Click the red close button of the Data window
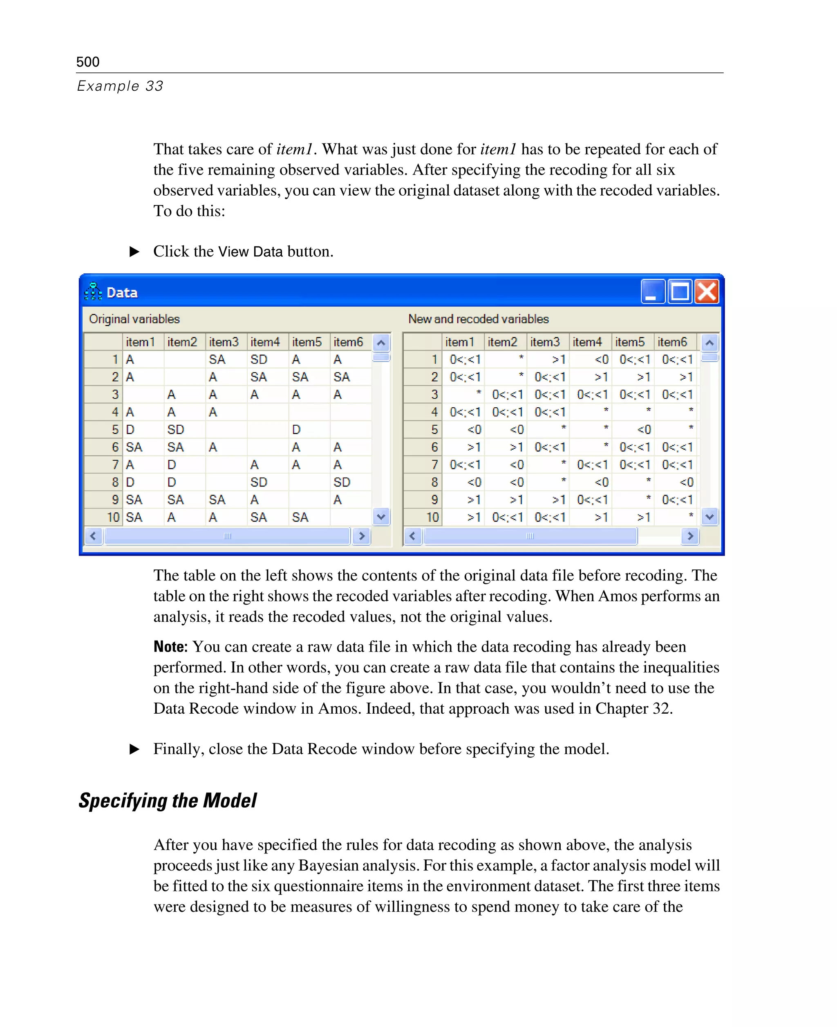click(x=707, y=292)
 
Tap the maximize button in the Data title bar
click(x=680, y=292)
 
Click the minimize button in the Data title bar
click(x=653, y=292)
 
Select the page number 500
click(x=88, y=62)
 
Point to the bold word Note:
click(x=170, y=647)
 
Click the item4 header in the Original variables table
click(x=265, y=342)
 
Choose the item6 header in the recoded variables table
click(x=672, y=342)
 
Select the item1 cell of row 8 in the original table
click(x=131, y=482)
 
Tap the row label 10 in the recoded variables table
click(x=432, y=517)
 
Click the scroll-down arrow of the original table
click(x=381, y=517)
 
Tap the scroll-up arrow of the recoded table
click(x=709, y=343)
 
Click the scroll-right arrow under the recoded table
click(x=690, y=536)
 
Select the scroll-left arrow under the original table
click(x=93, y=536)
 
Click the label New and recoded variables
click(x=478, y=319)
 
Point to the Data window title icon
click(x=93, y=292)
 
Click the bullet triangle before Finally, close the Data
click(x=134, y=749)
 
